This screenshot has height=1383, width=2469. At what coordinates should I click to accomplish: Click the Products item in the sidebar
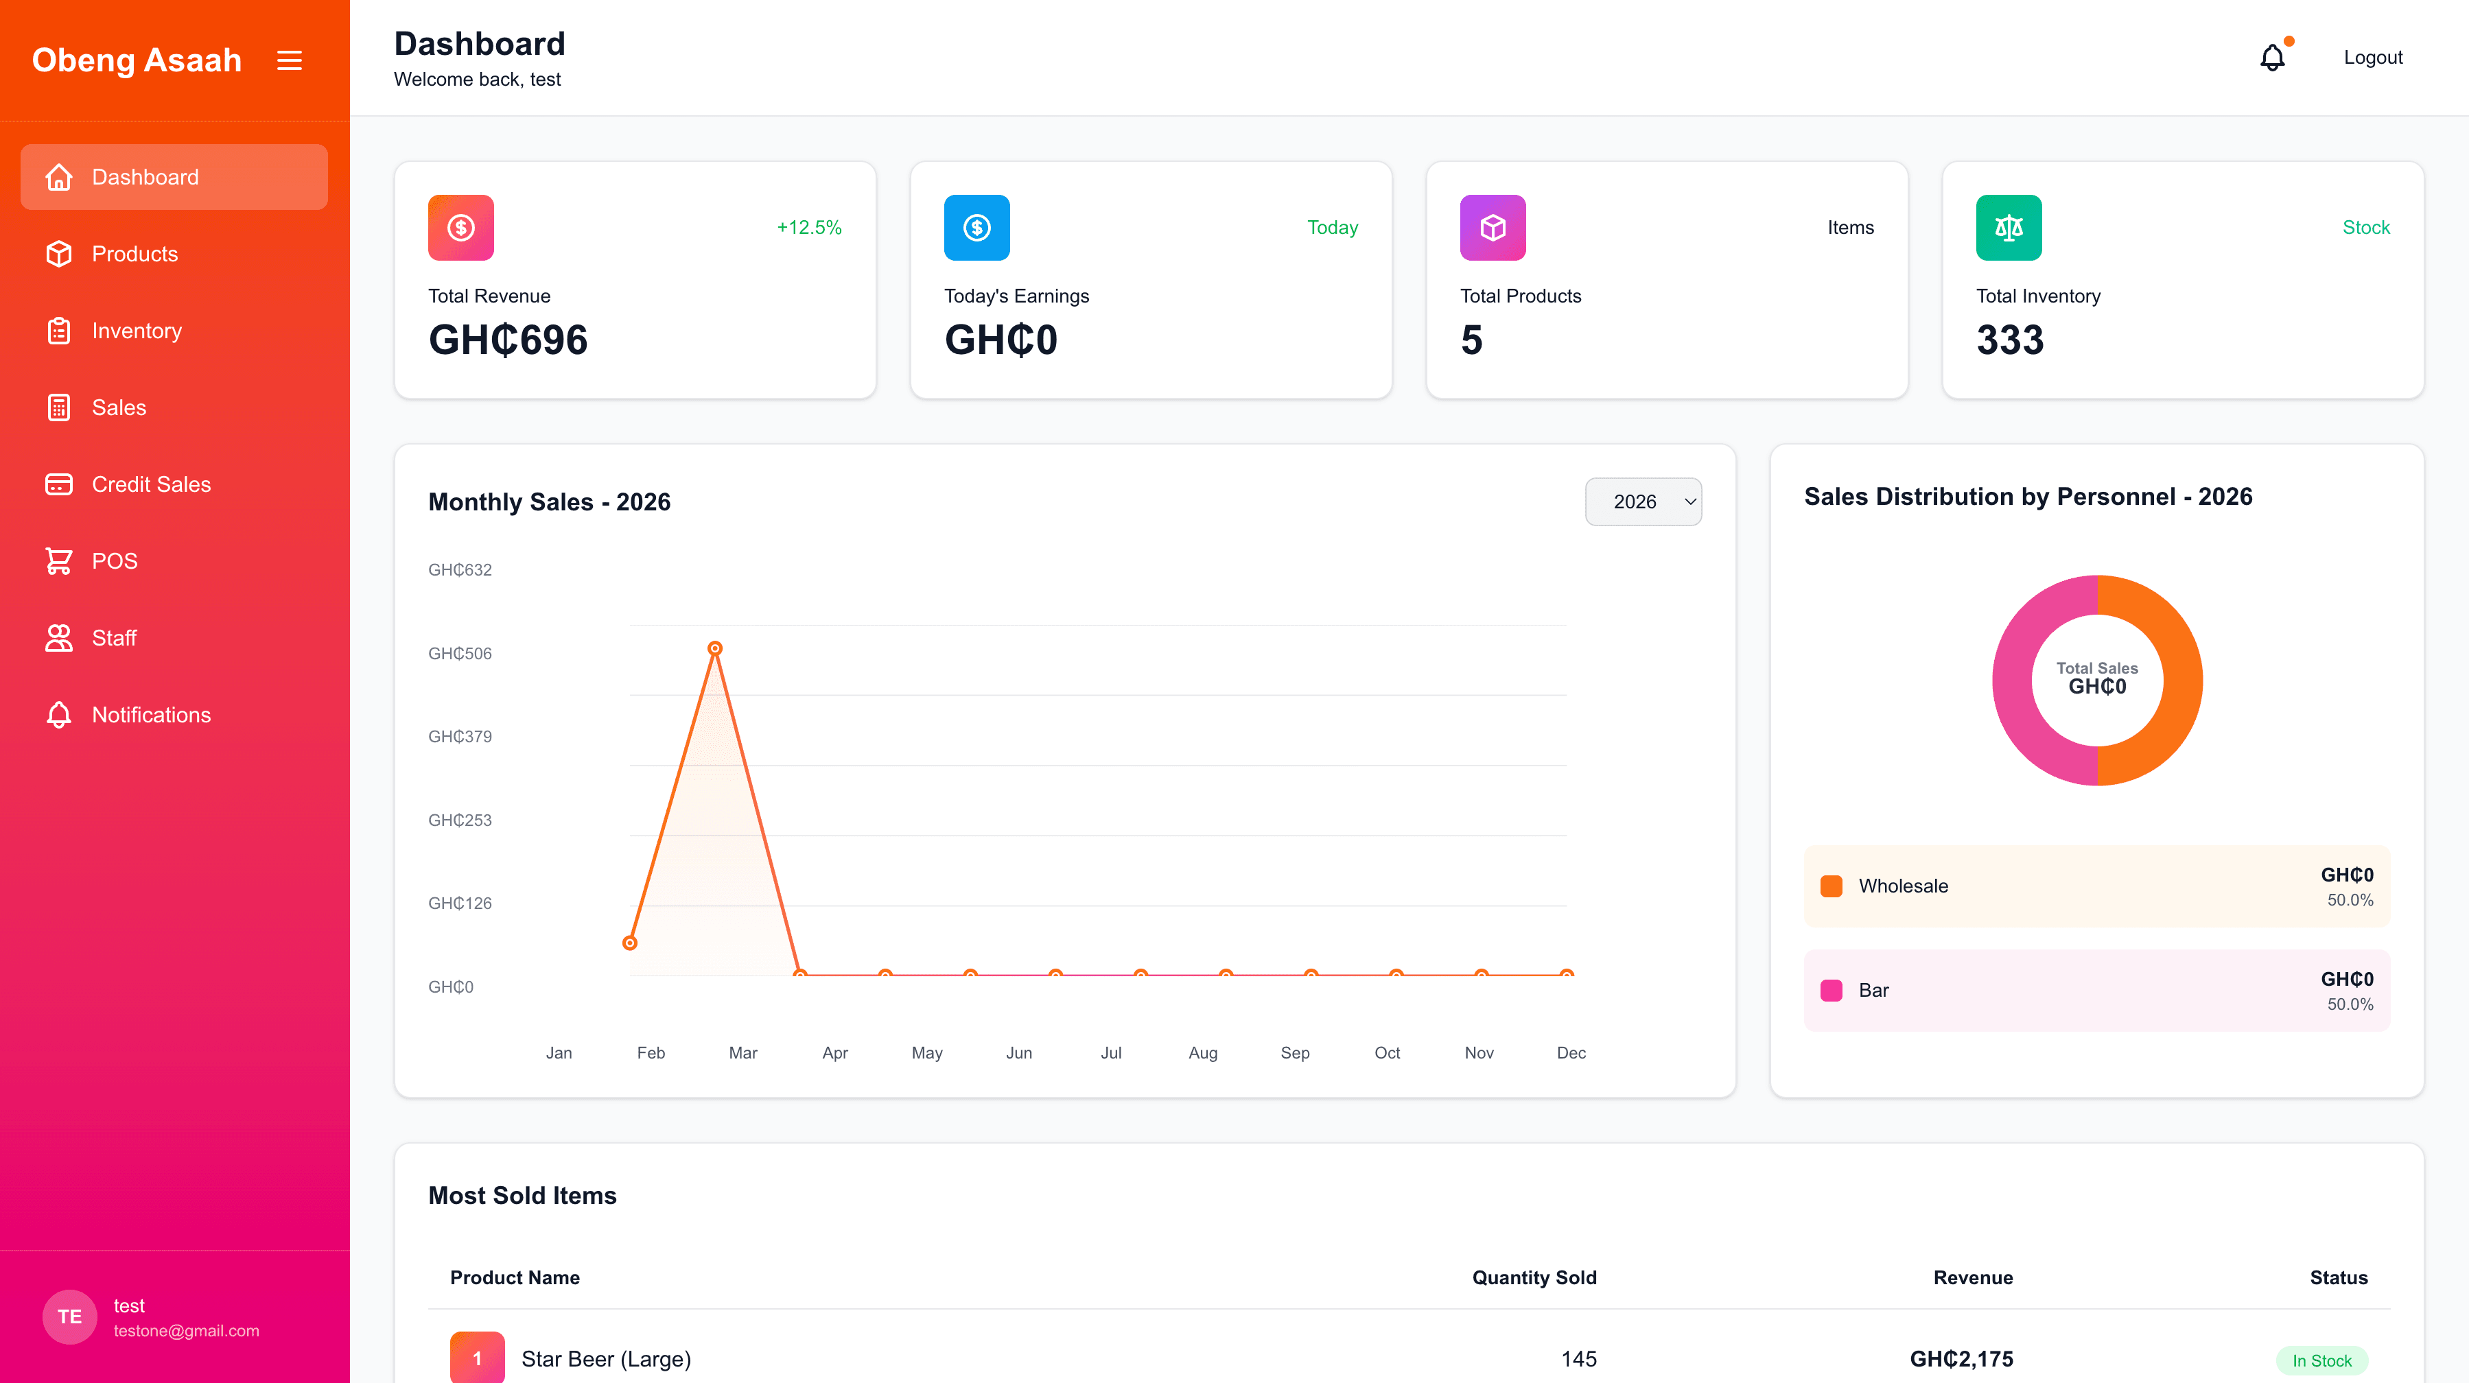pos(134,254)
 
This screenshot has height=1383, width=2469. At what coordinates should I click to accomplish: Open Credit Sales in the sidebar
pos(150,484)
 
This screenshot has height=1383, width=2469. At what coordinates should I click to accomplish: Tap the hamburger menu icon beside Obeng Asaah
pos(290,60)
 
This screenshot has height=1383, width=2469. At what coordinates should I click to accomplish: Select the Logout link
pos(2372,58)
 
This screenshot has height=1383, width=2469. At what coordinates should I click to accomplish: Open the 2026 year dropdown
pos(1643,501)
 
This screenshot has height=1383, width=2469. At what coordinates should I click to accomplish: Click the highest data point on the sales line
pos(715,649)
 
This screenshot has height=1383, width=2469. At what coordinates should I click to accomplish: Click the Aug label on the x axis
pos(1203,1052)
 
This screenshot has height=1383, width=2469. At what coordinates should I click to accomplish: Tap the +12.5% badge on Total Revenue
pos(809,227)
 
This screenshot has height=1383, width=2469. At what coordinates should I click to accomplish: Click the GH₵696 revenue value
pos(508,340)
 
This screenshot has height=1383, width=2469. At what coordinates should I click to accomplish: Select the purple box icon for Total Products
pos(1493,227)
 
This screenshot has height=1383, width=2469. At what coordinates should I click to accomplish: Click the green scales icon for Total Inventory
pos(2008,227)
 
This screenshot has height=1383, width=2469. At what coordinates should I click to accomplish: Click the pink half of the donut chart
pos(2013,681)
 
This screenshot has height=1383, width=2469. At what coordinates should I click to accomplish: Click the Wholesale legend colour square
pos(1832,886)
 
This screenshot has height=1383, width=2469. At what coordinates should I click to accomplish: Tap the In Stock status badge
pos(2321,1360)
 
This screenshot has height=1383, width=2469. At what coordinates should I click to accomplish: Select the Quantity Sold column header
pos(1534,1277)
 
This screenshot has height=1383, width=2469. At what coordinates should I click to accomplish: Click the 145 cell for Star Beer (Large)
pos(1578,1359)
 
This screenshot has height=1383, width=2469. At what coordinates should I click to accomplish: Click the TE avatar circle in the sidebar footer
pos(70,1317)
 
